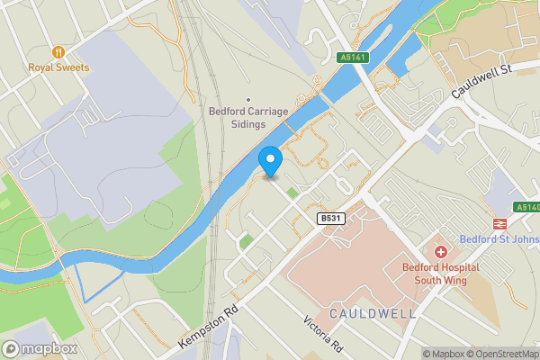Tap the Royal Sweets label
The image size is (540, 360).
tap(59, 67)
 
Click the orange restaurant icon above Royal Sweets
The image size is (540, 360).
tap(59, 52)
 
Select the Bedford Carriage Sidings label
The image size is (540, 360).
tap(247, 118)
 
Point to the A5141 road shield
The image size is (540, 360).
tap(352, 58)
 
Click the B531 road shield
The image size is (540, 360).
tap(330, 219)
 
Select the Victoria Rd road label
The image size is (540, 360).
tap(323, 334)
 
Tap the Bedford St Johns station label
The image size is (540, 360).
tap(499, 238)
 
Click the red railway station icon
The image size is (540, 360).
tap(496, 223)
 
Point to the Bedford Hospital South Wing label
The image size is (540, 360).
tap(441, 274)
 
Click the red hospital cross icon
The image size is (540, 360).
tap(441, 253)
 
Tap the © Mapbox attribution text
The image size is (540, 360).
tap(445, 354)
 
